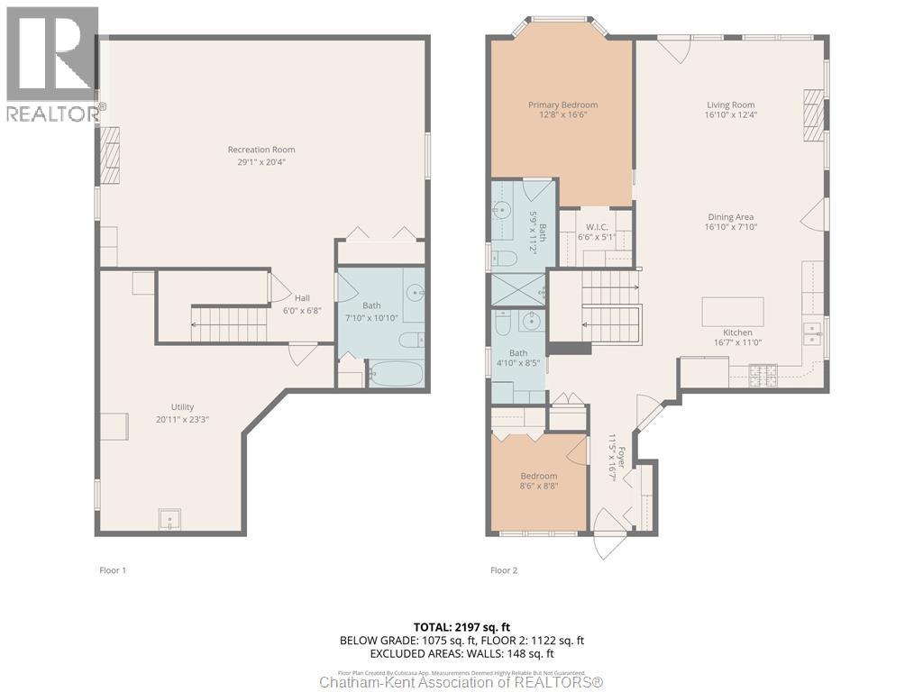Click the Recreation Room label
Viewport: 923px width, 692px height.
tap(261, 150)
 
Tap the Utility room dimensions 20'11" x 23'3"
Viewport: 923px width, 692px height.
tap(183, 419)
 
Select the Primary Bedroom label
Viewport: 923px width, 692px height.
tap(562, 105)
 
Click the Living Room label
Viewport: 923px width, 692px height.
tap(730, 105)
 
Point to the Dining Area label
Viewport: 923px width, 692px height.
tap(730, 217)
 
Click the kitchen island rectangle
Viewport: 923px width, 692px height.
tap(733, 311)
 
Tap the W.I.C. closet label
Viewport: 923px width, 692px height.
tap(595, 227)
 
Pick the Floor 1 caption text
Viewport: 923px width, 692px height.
tap(113, 570)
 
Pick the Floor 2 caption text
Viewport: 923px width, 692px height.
tap(504, 570)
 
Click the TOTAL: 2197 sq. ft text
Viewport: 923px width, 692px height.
tap(461, 627)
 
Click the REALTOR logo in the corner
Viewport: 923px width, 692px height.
tap(51, 63)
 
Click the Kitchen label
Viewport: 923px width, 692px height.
tap(737, 332)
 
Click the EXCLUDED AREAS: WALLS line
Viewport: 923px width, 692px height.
tap(461, 653)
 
